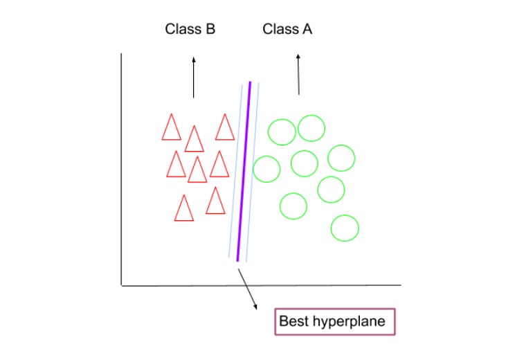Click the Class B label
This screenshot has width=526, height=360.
click(x=190, y=29)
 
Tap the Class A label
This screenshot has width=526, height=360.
click(x=287, y=29)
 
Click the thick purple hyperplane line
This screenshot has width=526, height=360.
click(x=244, y=173)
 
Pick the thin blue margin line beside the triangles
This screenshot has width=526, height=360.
click(x=235, y=173)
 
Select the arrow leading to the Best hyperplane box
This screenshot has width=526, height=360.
click(x=247, y=287)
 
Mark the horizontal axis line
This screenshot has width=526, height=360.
click(x=263, y=285)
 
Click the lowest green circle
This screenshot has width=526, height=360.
click(x=345, y=228)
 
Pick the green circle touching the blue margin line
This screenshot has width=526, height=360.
click(x=266, y=168)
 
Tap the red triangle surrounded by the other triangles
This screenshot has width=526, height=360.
click(x=197, y=170)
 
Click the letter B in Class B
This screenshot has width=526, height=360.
click(x=210, y=29)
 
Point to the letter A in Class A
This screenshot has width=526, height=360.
click(x=307, y=29)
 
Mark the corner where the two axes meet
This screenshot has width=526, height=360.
click(x=121, y=285)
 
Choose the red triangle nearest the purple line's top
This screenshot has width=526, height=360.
click(x=225, y=128)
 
